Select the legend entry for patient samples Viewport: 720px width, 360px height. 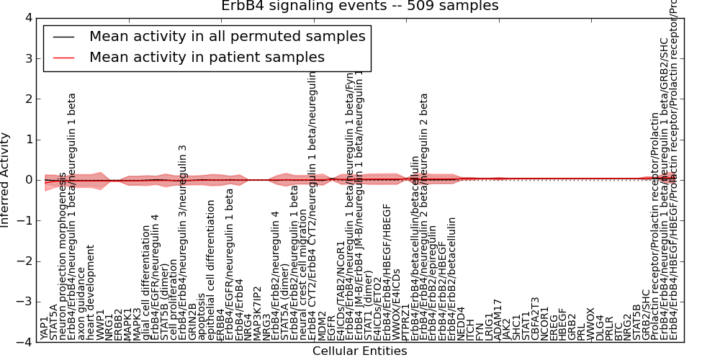pos(207,58)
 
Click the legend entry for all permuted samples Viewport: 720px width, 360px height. pos(227,37)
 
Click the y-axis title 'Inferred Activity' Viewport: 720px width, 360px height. pos(6,180)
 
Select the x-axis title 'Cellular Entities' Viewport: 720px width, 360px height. pos(359,351)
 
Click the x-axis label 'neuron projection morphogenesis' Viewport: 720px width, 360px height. pos(63,256)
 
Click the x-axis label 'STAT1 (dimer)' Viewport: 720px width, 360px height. pos(367,302)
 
